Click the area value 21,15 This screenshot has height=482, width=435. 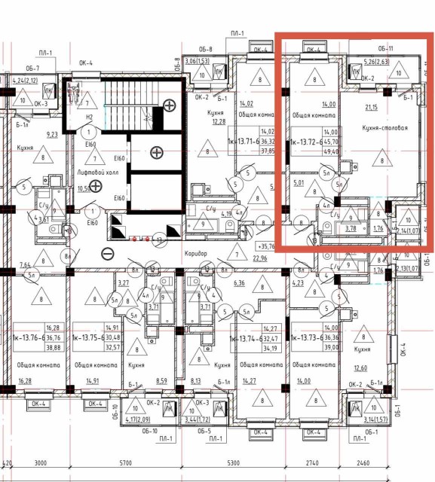click(x=371, y=108)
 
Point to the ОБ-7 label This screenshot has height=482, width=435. click(x=41, y=69)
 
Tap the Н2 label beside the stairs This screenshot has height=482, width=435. click(x=89, y=117)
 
